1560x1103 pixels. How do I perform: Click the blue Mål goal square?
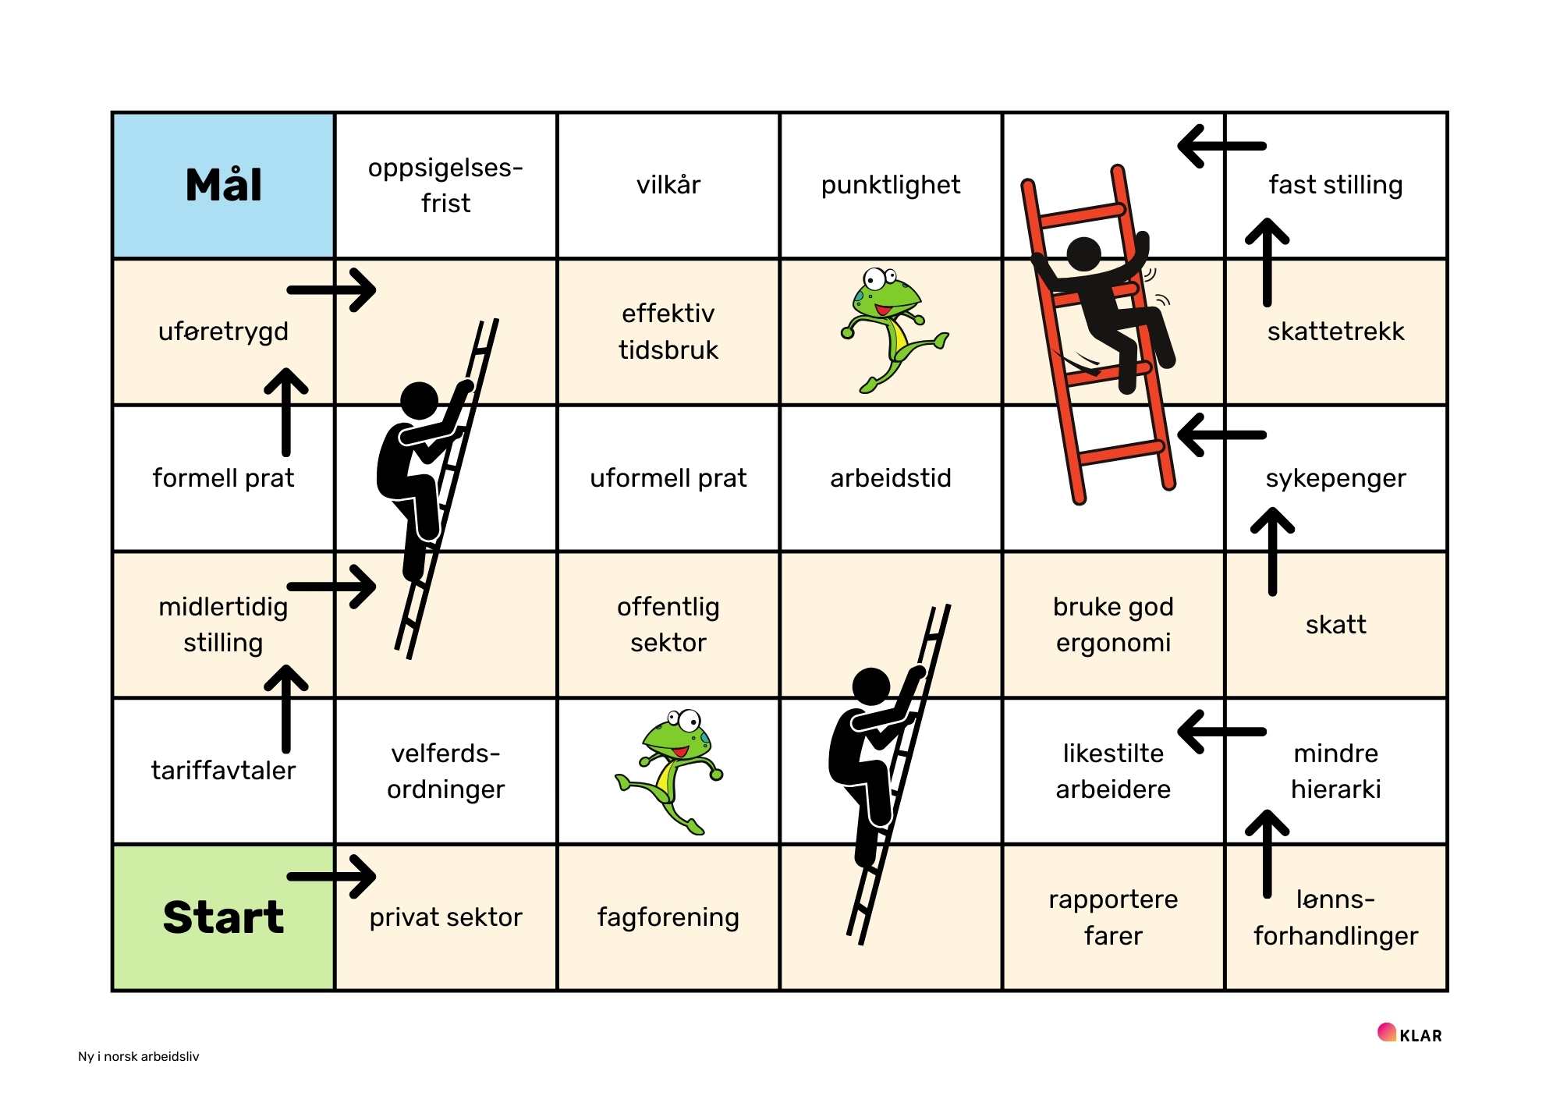223,186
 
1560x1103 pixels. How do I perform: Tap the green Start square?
223,917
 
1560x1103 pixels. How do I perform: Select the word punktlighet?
890,186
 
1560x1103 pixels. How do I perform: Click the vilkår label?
668,186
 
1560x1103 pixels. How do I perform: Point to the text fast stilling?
1335,186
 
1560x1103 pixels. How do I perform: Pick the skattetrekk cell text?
1335,332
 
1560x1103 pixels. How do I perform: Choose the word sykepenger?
1335,478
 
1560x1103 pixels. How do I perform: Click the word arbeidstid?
890,478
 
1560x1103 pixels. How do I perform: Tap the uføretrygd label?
223,332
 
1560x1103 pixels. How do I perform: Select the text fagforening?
668,917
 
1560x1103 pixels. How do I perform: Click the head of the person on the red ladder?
1083,254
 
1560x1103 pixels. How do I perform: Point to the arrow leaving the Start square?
332,876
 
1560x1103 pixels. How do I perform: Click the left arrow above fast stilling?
1221,146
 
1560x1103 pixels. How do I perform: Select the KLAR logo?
1410,1034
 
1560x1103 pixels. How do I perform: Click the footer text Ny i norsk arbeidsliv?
139,1056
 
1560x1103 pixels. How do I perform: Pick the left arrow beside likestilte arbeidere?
1221,732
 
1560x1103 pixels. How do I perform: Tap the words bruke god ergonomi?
1113,624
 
